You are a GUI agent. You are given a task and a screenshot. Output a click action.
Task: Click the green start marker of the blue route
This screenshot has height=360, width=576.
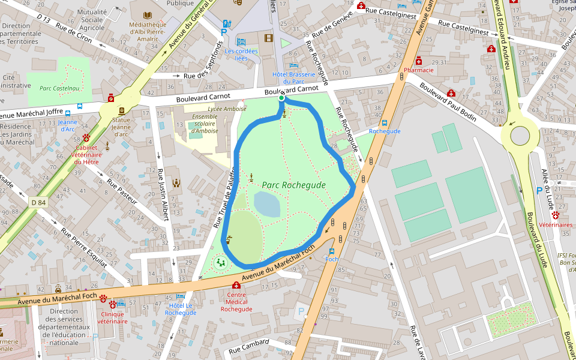pos(281,98)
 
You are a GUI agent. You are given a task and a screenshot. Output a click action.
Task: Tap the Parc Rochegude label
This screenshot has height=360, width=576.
pos(293,185)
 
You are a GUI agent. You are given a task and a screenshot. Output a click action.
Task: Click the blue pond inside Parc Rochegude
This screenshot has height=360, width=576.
pos(267,205)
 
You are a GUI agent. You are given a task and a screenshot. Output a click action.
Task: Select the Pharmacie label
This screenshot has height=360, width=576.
pos(419,70)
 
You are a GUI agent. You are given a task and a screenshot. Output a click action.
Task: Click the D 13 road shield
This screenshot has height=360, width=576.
pos(43,19)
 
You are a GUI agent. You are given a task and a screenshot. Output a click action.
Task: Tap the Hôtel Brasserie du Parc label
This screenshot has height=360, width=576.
pos(294,78)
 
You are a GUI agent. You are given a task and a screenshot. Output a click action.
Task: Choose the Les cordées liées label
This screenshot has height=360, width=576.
pos(241,55)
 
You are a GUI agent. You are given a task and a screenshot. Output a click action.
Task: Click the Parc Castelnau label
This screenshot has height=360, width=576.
pos(59,88)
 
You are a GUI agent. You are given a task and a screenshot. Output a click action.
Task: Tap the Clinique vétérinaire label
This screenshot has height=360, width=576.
pos(112,317)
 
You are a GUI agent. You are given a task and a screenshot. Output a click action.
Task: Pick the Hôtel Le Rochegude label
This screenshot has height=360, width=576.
pos(180,309)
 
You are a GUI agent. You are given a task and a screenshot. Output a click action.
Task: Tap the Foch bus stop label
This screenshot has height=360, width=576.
pos(332,259)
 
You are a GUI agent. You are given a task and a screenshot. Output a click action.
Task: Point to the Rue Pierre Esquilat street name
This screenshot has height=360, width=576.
pos(84,248)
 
